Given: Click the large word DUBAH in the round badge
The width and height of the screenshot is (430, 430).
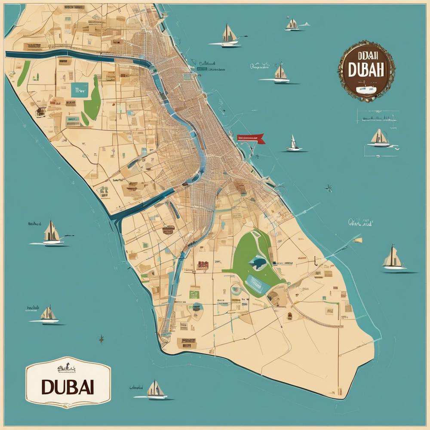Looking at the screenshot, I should pyautogui.click(x=366, y=71).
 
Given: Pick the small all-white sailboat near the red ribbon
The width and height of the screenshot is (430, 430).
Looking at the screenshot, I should pyautogui.click(x=294, y=144).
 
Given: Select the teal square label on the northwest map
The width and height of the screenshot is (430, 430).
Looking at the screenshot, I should pyautogui.click(x=80, y=91).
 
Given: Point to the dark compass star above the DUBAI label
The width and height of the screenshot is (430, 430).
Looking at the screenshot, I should pyautogui.click(x=101, y=339).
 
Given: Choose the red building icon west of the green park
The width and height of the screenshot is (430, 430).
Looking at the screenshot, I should pyautogui.click(x=202, y=265).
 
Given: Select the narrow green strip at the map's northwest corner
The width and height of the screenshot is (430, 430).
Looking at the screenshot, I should pyautogui.click(x=24, y=73).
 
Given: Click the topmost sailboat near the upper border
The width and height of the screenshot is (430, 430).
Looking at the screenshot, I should pyautogui.click(x=292, y=25).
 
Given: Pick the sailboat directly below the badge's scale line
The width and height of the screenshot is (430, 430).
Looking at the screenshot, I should pyautogui.click(x=380, y=138).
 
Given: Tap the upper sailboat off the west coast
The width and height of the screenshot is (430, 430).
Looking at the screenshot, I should pyautogui.click(x=51, y=233).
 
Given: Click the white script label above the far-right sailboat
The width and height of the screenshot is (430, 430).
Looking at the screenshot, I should pyautogui.click(x=360, y=223).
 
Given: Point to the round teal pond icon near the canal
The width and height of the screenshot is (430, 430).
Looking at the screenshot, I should pyautogui.click(x=197, y=307).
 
